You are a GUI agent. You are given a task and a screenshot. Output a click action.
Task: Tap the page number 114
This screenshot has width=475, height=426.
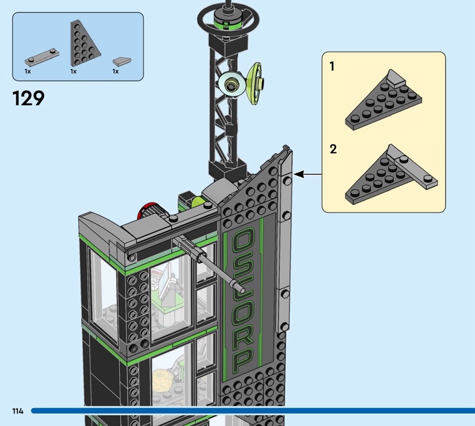tap(17, 411)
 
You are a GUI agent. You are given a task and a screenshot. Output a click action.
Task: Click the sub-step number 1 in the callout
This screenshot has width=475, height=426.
tap(332, 66)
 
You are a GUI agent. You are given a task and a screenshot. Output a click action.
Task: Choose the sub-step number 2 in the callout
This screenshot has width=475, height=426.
tap(333, 148)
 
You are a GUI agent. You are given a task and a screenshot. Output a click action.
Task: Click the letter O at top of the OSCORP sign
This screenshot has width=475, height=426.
tap(243, 243)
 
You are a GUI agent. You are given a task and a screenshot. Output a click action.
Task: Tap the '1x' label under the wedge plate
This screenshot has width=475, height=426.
tap(74, 71)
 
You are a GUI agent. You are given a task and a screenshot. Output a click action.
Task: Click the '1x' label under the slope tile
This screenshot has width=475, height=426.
tap(116, 71)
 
